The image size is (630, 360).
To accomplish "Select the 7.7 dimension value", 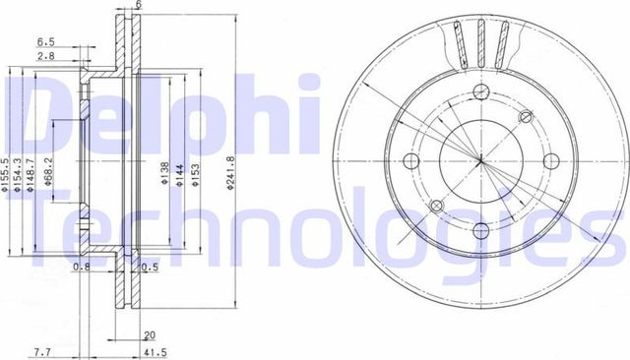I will pyautogui.click(x=42, y=350).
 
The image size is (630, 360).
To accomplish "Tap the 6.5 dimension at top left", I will pyautogui.click(x=45, y=41).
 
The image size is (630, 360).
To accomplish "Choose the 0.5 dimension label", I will pyautogui.click(x=151, y=267).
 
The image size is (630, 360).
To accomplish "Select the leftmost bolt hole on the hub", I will pyautogui.click(x=410, y=160).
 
